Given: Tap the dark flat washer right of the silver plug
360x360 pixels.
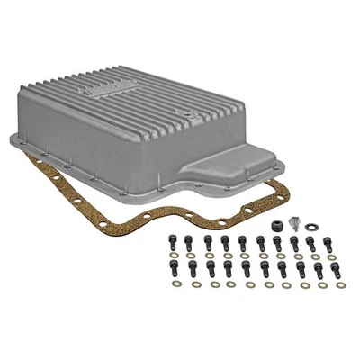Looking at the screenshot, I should click(x=311, y=227).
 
